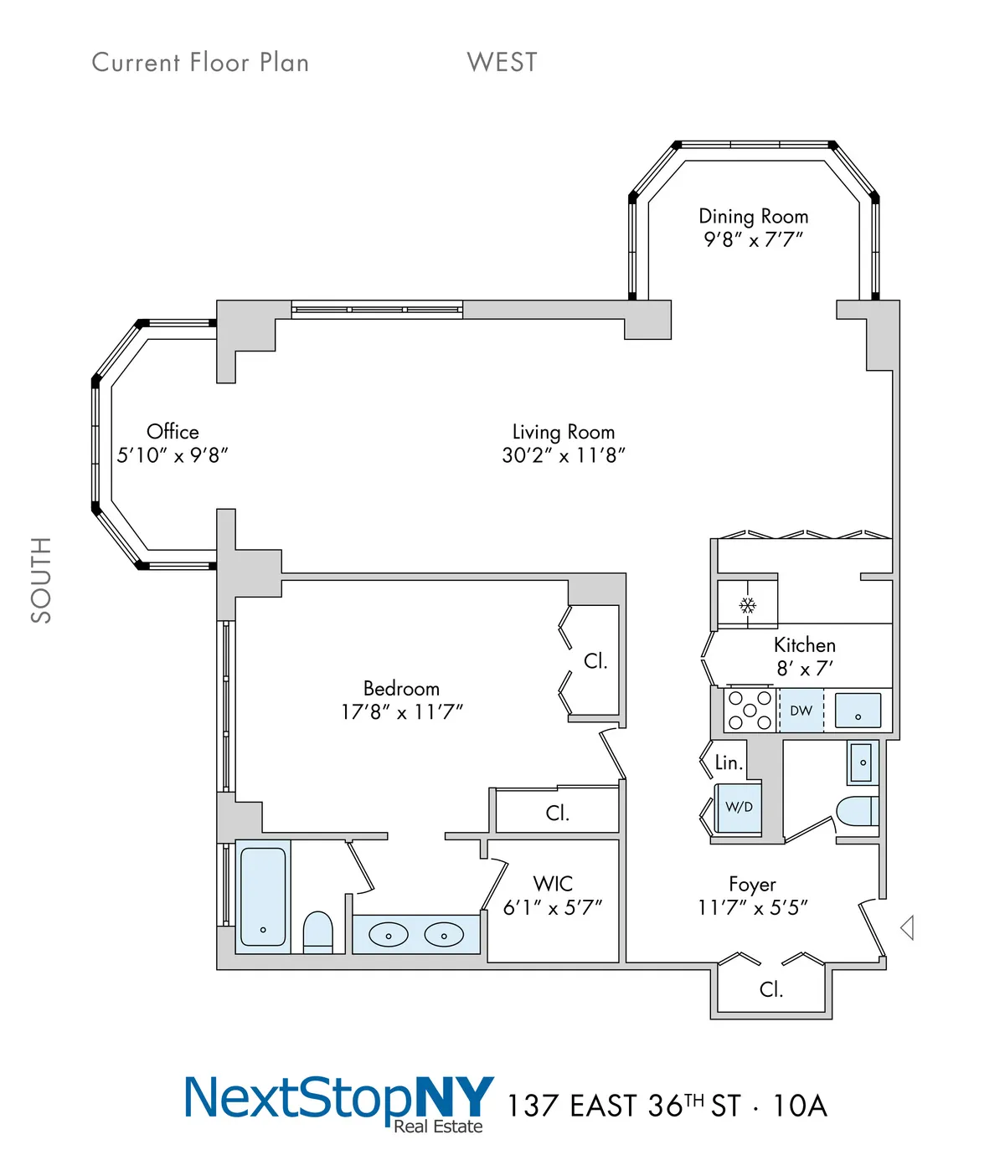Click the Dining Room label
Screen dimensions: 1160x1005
[753, 216]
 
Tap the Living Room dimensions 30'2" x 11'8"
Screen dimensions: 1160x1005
[564, 455]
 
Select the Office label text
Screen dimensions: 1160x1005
[173, 432]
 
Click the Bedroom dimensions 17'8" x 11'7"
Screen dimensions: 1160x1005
[401, 712]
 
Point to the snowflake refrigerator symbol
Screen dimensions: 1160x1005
[747, 604]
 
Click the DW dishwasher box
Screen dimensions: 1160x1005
[801, 711]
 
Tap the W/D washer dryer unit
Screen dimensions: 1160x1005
[738, 808]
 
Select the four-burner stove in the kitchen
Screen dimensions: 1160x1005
[750, 711]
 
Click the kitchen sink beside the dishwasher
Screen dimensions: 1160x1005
[858, 711]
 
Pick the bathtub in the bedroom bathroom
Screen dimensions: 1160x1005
[263, 896]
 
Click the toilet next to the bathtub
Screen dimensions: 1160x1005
[317, 932]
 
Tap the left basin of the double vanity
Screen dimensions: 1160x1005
[389, 935]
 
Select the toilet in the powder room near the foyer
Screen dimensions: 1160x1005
[856, 811]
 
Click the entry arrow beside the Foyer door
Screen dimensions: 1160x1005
[907, 927]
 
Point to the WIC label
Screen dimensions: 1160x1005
[553, 884]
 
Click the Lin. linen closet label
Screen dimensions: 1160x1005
[729, 762]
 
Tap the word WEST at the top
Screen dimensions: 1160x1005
[502, 62]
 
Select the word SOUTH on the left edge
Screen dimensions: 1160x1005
[41, 580]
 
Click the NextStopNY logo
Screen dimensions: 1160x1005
[338, 1101]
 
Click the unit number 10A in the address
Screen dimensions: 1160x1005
[799, 1106]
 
